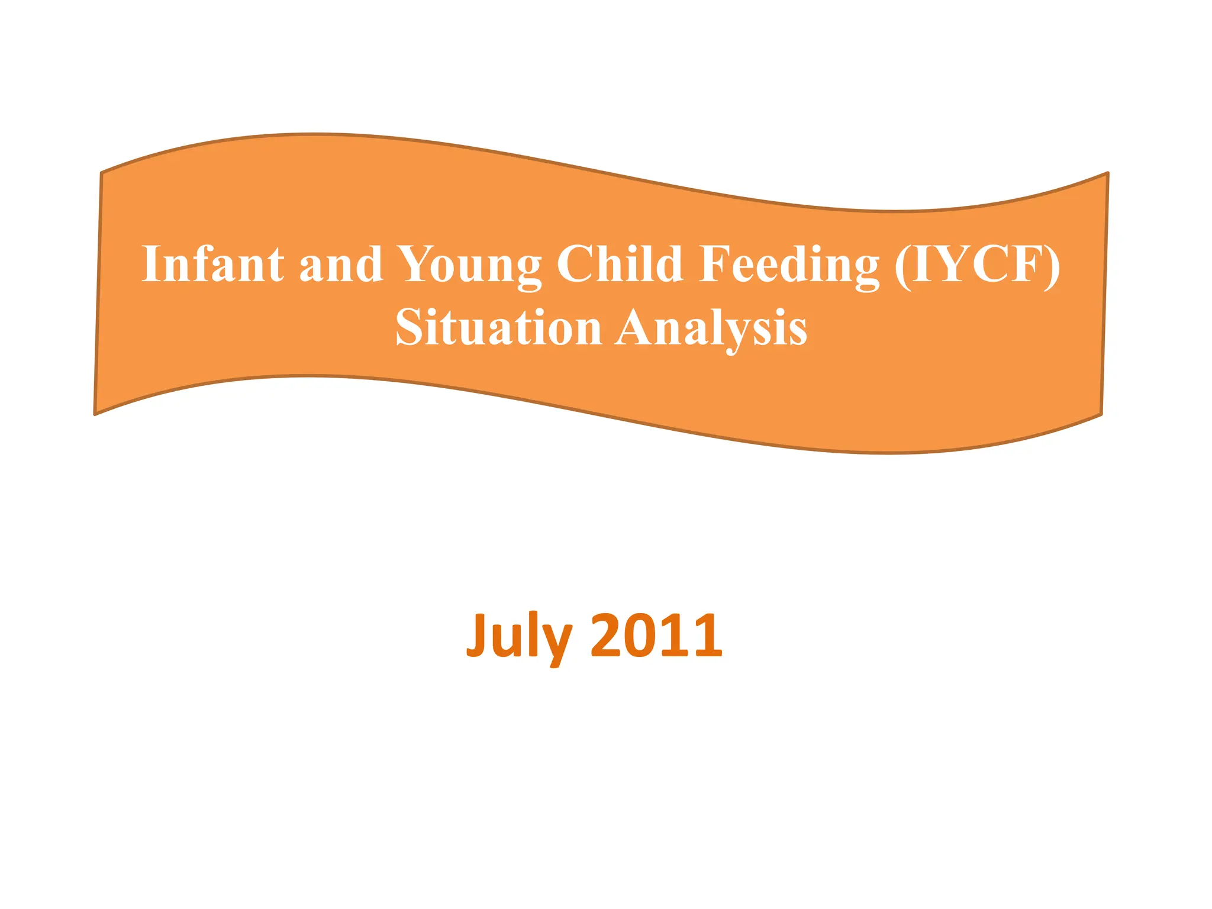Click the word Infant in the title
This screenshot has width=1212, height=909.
[212, 264]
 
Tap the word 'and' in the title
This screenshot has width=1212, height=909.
[341, 264]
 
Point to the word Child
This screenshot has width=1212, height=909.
[620, 264]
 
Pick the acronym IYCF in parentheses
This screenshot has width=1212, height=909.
[977, 264]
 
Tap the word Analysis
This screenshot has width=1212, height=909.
[711, 328]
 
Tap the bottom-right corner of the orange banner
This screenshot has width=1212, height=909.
[1101, 414]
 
